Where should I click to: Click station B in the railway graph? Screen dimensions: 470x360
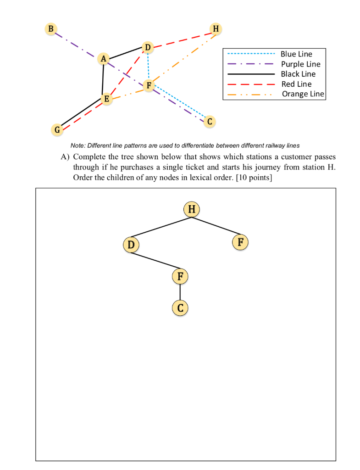(x=51, y=28)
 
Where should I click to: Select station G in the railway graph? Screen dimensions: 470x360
(x=57, y=130)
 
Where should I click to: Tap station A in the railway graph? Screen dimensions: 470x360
(x=104, y=59)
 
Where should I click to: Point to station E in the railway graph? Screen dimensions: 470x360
(x=107, y=99)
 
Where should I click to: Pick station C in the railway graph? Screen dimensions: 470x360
(x=210, y=122)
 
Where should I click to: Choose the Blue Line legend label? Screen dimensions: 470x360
(x=296, y=54)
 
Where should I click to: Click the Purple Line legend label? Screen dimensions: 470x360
(x=300, y=64)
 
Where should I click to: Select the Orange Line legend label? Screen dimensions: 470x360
(x=303, y=94)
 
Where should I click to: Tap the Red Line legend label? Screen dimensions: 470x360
(x=296, y=84)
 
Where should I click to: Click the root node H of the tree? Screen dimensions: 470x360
(x=192, y=210)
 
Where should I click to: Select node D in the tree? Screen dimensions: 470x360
(x=131, y=245)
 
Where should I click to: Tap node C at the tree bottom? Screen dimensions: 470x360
(x=180, y=308)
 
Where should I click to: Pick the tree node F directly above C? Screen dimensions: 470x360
(x=180, y=276)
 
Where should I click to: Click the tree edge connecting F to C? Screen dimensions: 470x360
(x=180, y=292)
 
